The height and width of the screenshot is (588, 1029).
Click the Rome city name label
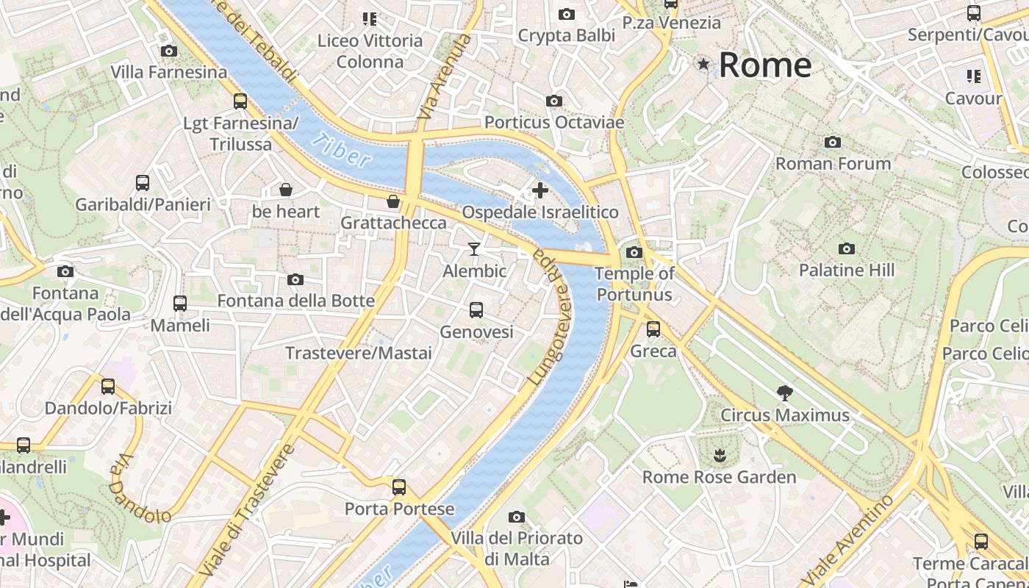pos(764,65)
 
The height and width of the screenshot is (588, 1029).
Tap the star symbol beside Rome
pos(703,65)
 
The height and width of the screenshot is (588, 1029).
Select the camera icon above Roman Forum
pos(833,142)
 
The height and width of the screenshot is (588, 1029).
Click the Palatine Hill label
pos(847,270)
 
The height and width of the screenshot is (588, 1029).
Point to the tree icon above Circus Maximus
pos(785,393)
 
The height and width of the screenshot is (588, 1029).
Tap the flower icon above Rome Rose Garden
pos(720,456)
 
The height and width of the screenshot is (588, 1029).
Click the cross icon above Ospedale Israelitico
pos(540,190)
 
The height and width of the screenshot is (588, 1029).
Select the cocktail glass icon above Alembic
pos(474,249)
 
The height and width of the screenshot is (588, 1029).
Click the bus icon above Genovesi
pos(476,310)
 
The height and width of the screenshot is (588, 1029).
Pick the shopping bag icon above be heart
pos(286,190)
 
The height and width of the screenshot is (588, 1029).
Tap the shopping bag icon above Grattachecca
pos(393,201)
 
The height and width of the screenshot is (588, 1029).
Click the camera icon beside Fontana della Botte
pos(295,279)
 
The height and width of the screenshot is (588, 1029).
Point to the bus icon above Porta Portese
pos(399,487)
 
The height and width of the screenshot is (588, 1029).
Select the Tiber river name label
pos(341,149)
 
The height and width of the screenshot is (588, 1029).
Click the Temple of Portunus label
pos(634,284)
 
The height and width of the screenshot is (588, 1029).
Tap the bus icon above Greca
pos(653,329)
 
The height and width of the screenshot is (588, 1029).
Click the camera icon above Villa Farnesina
pos(169,51)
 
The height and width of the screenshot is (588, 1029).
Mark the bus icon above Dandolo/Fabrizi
pos(108,386)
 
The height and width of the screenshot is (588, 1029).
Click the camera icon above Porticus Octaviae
pos(554,101)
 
